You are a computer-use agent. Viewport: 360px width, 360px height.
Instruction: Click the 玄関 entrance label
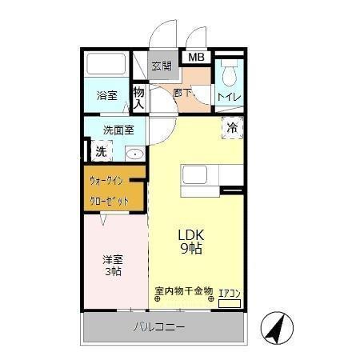[161, 66]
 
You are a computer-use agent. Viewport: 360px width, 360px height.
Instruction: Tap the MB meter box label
[196, 58]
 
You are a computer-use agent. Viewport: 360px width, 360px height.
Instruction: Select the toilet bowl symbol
[229, 75]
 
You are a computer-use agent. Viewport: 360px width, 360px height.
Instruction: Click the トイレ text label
[231, 97]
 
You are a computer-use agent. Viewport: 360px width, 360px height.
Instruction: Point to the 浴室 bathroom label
[106, 95]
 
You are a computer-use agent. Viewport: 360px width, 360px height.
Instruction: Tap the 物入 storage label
[138, 98]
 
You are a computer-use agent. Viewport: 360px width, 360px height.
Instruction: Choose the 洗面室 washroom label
[118, 130]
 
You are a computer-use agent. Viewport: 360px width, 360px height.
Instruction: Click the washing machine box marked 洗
[102, 150]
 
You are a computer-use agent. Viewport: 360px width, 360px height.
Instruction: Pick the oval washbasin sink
[134, 154]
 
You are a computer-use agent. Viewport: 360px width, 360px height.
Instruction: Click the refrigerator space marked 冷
[232, 127]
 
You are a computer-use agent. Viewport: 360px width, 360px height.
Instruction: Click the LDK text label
[191, 234]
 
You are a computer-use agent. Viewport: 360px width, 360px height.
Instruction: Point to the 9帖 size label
[191, 249]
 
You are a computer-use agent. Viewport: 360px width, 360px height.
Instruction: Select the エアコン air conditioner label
[230, 293]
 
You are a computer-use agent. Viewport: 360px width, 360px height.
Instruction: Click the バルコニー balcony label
[158, 327]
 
